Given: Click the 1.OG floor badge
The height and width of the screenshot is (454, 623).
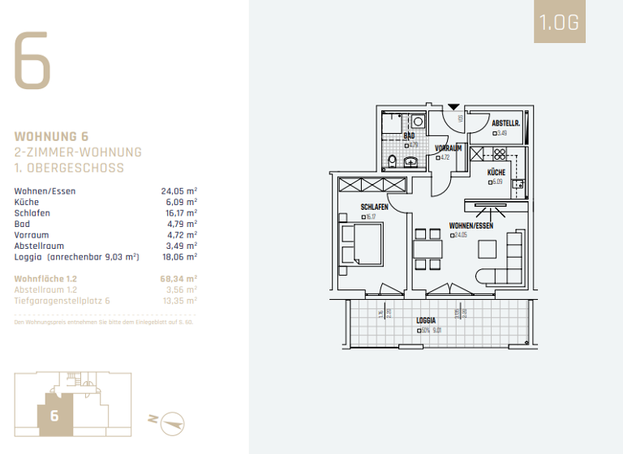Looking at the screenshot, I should (x=560, y=23).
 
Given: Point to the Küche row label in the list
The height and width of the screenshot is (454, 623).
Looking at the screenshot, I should (x=28, y=203).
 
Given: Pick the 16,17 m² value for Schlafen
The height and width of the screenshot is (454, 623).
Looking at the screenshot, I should (x=179, y=213).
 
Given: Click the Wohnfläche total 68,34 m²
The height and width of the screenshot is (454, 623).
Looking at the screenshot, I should (x=179, y=278).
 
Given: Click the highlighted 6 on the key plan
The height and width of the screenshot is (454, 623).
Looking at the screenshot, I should (x=54, y=416).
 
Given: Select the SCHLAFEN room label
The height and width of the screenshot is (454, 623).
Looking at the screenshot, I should (x=374, y=208).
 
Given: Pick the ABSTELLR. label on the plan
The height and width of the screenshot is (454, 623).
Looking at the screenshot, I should (x=505, y=123).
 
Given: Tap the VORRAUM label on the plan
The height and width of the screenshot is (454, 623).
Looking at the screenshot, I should (x=448, y=148).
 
